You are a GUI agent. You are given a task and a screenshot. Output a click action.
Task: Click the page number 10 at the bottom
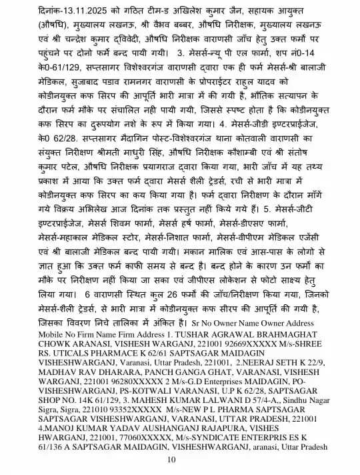[171, 460]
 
